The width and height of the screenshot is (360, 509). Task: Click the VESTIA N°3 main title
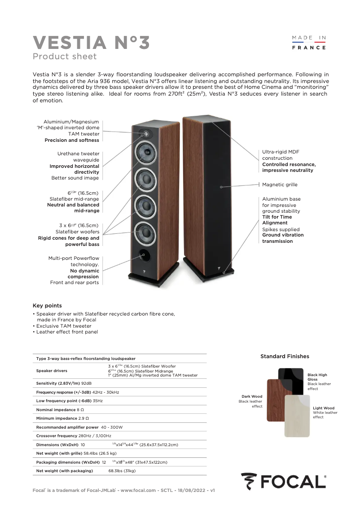(91, 43)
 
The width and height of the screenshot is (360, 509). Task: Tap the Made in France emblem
(309, 43)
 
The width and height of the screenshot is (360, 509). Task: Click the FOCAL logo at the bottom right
(283, 481)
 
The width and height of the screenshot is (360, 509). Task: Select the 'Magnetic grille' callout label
(280, 184)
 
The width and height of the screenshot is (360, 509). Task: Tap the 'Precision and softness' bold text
(72, 140)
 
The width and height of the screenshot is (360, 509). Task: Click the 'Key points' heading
(47, 306)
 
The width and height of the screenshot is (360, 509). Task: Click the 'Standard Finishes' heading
(285, 356)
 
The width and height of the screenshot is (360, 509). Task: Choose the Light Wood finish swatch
(297, 416)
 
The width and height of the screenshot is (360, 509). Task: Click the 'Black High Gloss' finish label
(317, 377)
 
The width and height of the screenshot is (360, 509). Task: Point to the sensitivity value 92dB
(86, 383)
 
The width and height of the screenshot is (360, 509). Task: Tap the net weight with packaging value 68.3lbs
(122, 471)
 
